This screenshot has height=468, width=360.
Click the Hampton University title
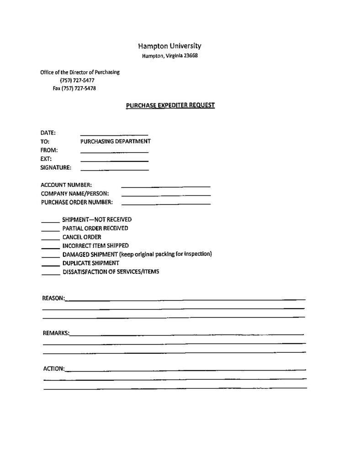169,46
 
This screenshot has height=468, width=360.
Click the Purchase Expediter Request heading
170,105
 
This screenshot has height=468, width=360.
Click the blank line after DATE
114,134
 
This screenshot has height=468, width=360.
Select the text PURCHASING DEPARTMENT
115,141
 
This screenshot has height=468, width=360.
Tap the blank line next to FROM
114,152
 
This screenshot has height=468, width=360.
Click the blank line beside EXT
114,161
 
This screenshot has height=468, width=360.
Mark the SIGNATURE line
114,170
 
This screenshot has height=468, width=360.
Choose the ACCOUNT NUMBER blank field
165,186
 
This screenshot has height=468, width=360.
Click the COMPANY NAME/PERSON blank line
165,195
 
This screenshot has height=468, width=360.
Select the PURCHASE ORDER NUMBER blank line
165,203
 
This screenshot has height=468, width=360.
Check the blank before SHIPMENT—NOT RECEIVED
50,221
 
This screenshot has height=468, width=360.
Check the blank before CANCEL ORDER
50,239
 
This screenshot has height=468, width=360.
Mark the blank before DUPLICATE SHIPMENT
50,265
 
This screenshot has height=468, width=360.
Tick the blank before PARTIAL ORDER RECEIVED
50,230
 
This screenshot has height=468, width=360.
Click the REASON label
53,298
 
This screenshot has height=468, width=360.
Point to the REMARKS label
56,333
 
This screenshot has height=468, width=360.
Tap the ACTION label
53,368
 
